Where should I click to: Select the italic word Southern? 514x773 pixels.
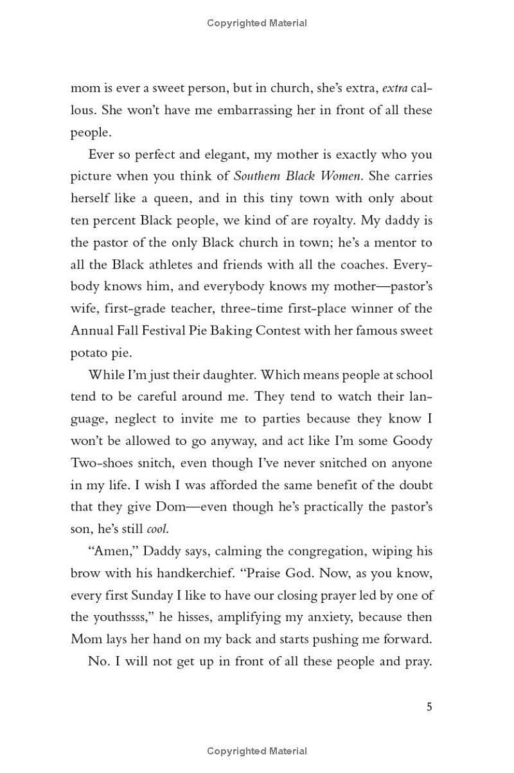click(258, 176)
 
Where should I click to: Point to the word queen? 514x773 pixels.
click(150, 198)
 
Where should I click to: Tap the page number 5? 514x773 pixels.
click(429, 708)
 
